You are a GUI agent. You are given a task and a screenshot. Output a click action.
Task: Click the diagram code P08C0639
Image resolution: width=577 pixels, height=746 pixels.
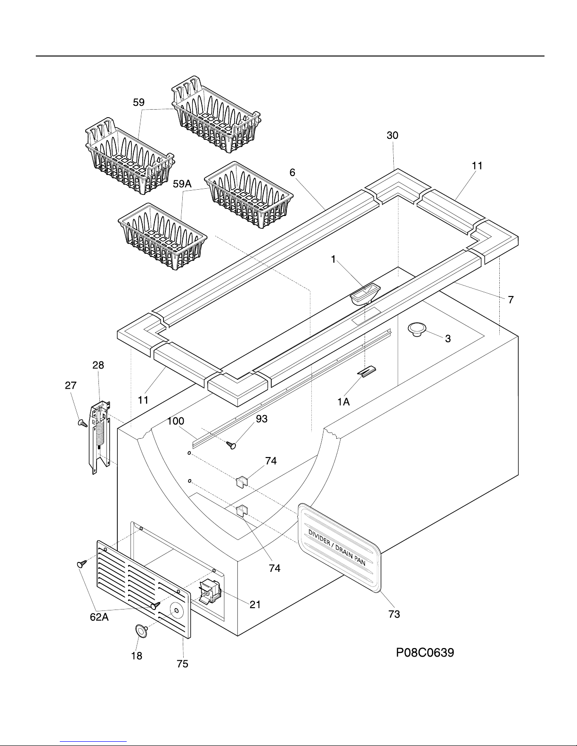(425, 652)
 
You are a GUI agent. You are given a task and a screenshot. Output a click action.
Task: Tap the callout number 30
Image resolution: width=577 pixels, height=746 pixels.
(392, 135)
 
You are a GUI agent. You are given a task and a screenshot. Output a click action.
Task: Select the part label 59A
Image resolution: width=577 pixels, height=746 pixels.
(182, 184)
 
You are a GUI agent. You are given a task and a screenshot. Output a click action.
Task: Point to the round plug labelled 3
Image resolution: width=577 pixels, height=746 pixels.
(417, 329)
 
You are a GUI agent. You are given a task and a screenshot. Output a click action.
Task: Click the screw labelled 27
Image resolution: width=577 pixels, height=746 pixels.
(82, 423)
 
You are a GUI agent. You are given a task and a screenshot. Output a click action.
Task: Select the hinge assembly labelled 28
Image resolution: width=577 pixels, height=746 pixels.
(100, 437)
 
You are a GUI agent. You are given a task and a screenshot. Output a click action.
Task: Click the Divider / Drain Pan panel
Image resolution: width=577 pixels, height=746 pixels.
(339, 548)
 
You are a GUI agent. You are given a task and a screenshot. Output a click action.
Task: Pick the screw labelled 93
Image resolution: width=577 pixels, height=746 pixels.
(231, 445)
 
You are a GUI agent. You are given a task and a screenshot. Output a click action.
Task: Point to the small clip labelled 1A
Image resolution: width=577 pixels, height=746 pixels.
(366, 371)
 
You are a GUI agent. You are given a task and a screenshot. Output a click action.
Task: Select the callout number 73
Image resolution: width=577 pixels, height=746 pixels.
(394, 614)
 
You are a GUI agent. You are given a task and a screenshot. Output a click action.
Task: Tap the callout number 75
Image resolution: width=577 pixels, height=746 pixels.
(182, 664)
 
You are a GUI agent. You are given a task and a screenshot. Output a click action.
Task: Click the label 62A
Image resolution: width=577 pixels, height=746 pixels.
(99, 617)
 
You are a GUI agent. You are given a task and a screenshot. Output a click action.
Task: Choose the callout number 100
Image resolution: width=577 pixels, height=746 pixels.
(176, 421)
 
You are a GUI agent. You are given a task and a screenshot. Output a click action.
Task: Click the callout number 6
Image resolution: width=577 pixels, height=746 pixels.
(293, 172)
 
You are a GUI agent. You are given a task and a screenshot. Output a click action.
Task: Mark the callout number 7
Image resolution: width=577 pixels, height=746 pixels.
(511, 300)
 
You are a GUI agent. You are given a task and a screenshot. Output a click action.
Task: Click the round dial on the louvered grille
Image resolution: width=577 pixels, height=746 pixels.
(177, 610)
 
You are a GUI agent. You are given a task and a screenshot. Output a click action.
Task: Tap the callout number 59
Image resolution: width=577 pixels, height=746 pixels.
(139, 102)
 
